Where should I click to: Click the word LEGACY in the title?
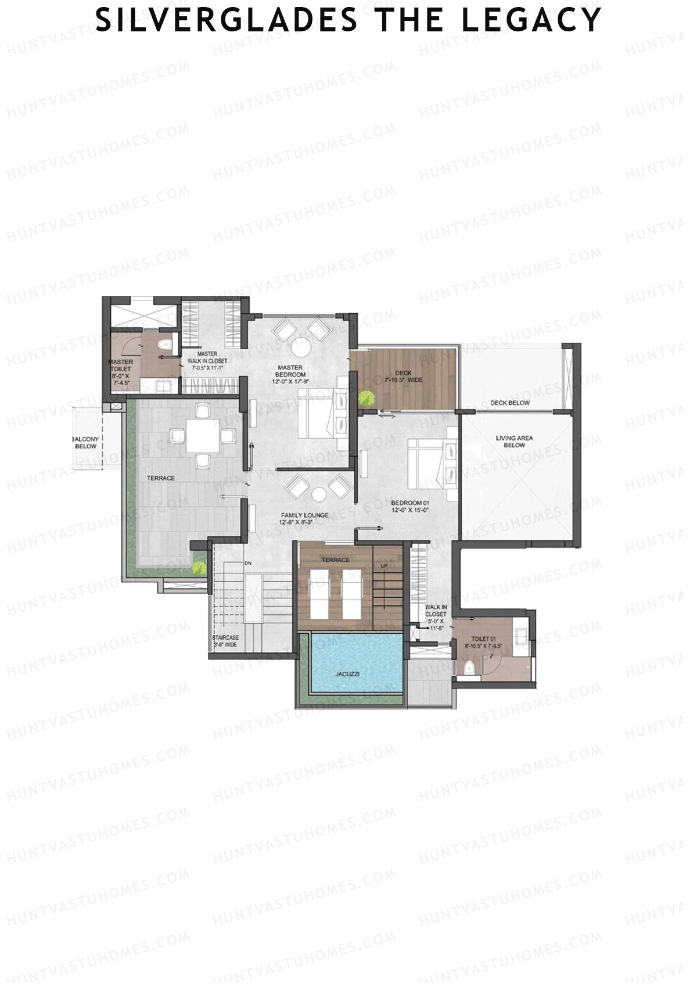[x=531, y=20]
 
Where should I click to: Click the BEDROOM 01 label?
[x=409, y=506]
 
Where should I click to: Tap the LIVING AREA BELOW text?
[x=514, y=442]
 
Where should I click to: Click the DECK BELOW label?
[x=509, y=403]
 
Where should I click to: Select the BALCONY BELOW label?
[x=85, y=443]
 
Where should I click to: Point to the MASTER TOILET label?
[x=121, y=372]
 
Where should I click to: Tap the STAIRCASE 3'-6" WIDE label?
[x=225, y=641]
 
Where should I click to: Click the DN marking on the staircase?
[x=247, y=563]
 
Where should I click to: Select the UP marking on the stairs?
[x=384, y=565]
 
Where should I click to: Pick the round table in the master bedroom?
[x=301, y=347]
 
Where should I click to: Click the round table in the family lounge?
[x=319, y=494]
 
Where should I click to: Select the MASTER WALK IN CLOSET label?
[x=207, y=357]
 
